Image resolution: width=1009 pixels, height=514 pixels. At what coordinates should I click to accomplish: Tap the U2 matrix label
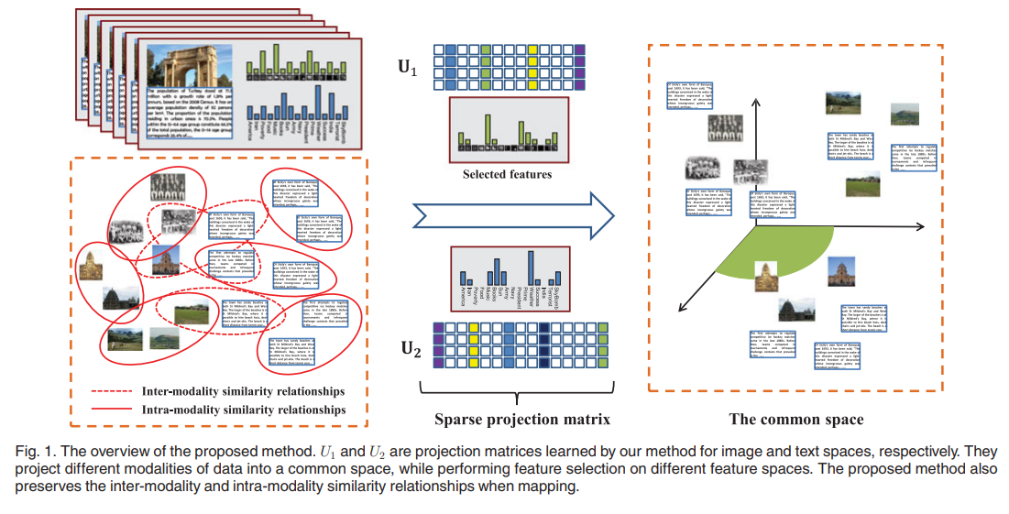(410, 348)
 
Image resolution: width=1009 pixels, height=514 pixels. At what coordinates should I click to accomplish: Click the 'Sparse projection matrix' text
(521, 420)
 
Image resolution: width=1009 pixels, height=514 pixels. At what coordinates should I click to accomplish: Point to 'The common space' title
(795, 420)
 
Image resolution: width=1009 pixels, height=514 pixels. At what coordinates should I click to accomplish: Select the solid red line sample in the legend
(112, 410)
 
